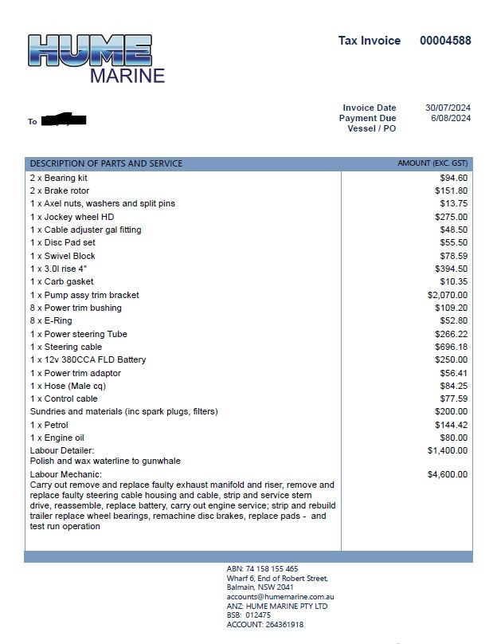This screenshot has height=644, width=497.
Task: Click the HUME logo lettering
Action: tap(89, 50)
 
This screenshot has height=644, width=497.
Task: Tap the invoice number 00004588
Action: tap(445, 41)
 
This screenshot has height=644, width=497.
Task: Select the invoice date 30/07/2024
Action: tap(448, 108)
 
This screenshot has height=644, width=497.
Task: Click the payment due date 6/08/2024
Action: tap(451, 118)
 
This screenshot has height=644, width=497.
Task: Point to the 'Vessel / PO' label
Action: tap(371, 128)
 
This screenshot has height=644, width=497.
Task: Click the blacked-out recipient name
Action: tap(63, 120)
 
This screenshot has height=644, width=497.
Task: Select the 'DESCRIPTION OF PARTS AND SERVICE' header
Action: tap(106, 163)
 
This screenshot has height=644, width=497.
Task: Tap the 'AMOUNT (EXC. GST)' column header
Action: tap(432, 163)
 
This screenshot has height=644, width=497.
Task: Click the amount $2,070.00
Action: tap(448, 295)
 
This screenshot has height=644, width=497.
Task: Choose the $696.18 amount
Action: tap(451, 348)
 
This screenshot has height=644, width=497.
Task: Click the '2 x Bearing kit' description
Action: tap(59, 178)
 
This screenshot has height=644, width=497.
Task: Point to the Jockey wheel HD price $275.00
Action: tap(451, 217)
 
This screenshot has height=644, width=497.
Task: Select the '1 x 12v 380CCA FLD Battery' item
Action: tap(88, 360)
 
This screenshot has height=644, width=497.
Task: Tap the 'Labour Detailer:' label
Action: tap(62, 451)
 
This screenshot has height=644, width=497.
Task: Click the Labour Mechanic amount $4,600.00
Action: tap(448, 474)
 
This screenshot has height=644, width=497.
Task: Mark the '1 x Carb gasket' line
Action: tap(62, 282)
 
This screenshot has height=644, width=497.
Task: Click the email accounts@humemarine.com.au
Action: tap(280, 596)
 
